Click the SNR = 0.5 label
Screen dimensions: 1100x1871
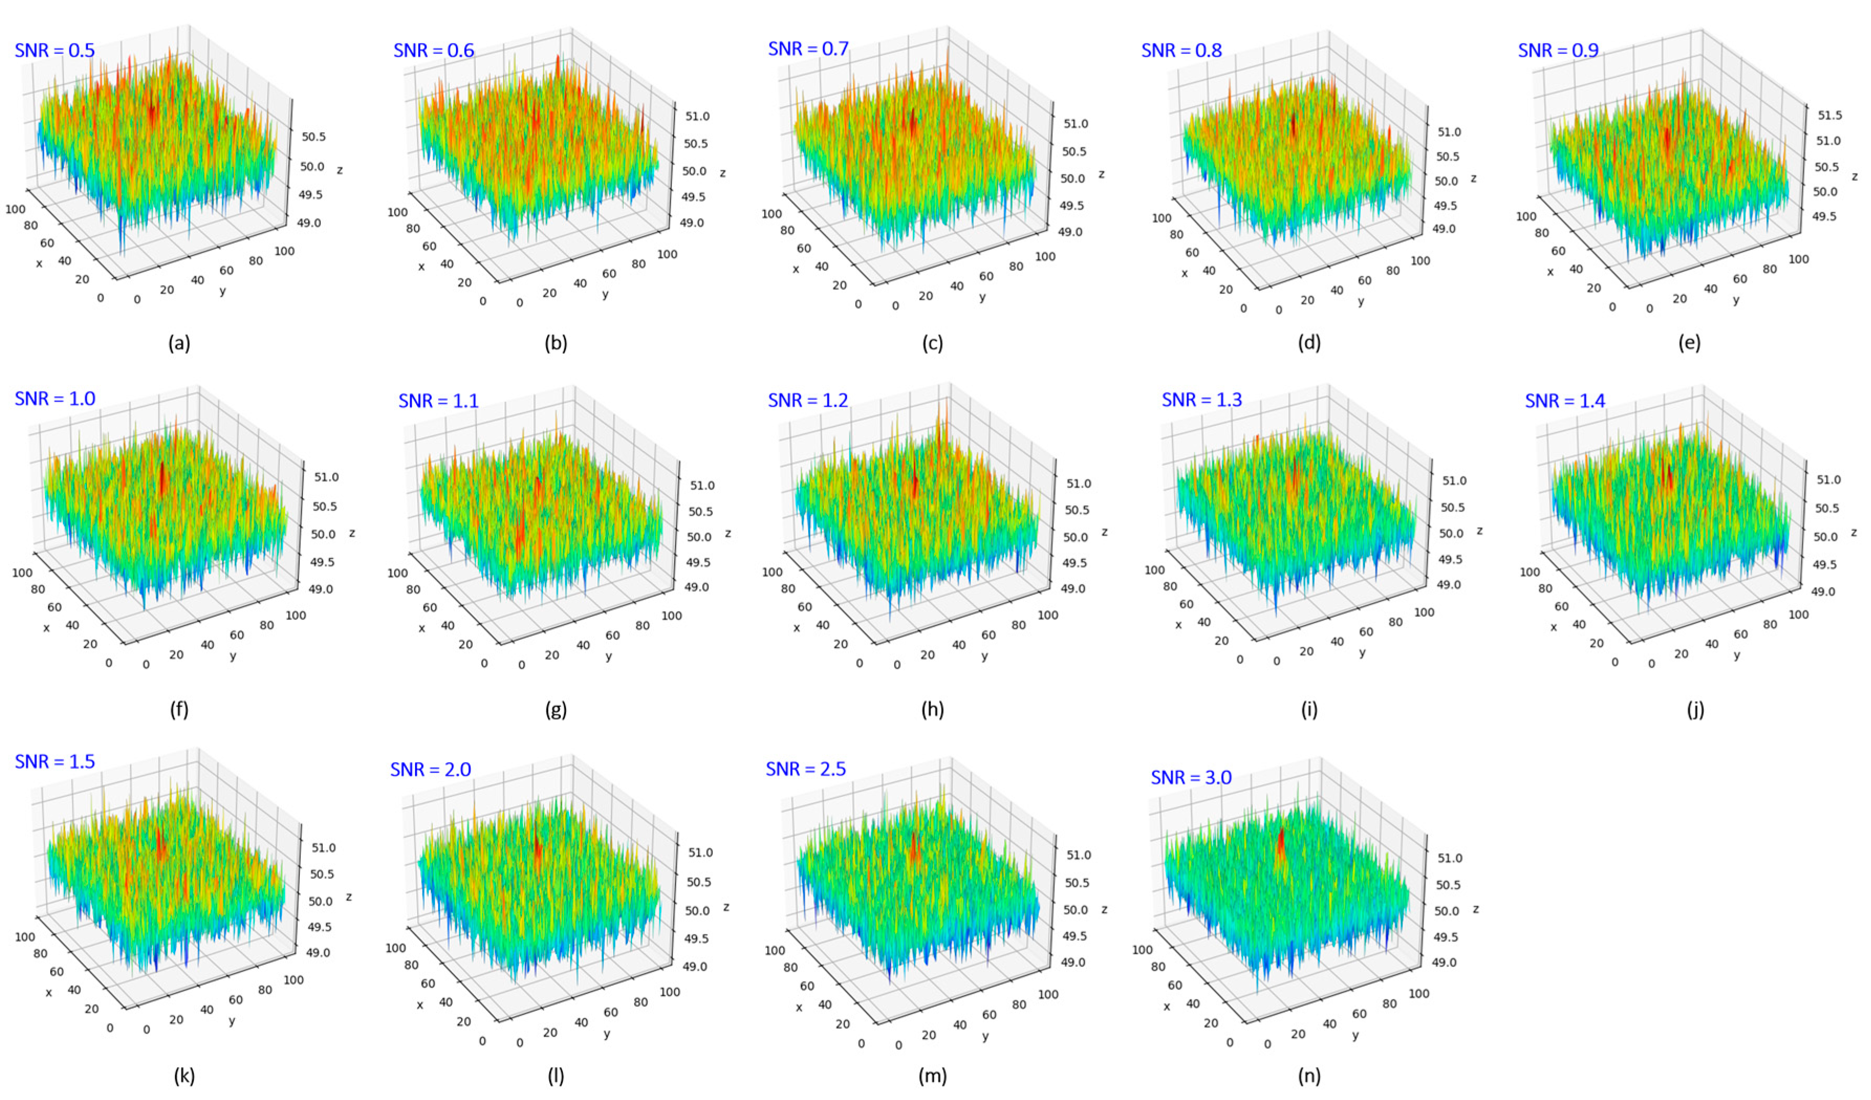[x=55, y=50]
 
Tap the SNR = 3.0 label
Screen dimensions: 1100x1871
[x=1191, y=777]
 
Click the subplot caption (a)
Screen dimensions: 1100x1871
[x=179, y=343]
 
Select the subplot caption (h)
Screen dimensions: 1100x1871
[x=932, y=710]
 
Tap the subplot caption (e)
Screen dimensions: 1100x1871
[x=1689, y=343]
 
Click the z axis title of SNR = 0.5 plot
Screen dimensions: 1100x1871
[x=339, y=170]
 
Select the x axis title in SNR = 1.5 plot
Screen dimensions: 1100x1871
[x=49, y=993]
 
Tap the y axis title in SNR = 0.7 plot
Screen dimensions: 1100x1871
[x=982, y=298]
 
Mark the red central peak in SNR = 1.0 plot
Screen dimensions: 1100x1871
[x=162, y=479]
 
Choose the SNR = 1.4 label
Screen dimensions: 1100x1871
[x=1565, y=401]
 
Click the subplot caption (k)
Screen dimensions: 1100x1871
[x=184, y=1075]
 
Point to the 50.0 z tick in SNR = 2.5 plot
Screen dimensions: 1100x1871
[x=1076, y=909]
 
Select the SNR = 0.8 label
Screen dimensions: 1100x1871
[x=1181, y=50]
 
